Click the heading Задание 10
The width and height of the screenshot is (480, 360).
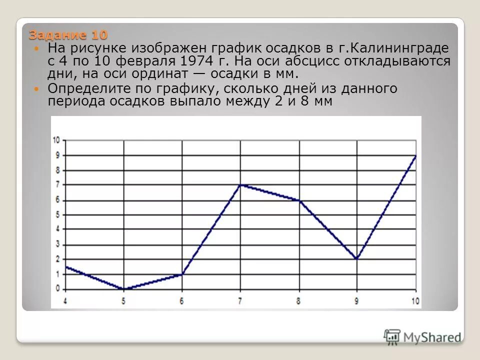tap(68, 35)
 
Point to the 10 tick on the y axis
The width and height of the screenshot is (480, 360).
tap(57, 140)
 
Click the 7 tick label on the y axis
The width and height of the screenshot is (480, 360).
tap(57, 184)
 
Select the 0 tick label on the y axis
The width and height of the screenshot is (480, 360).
tap(57, 288)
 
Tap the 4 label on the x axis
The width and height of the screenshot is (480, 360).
tap(65, 301)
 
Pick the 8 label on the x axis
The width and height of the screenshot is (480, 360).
tap(298, 301)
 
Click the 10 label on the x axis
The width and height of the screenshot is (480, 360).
tap(414, 301)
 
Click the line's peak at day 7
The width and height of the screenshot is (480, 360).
tap(240, 185)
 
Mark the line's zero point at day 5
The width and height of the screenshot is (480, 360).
tap(124, 289)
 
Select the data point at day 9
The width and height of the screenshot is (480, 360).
tap(356, 259)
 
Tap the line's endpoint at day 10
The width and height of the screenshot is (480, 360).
tap(415, 156)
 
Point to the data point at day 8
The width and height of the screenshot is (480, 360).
tap(299, 200)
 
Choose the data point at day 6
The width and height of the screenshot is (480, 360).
tap(182, 274)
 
